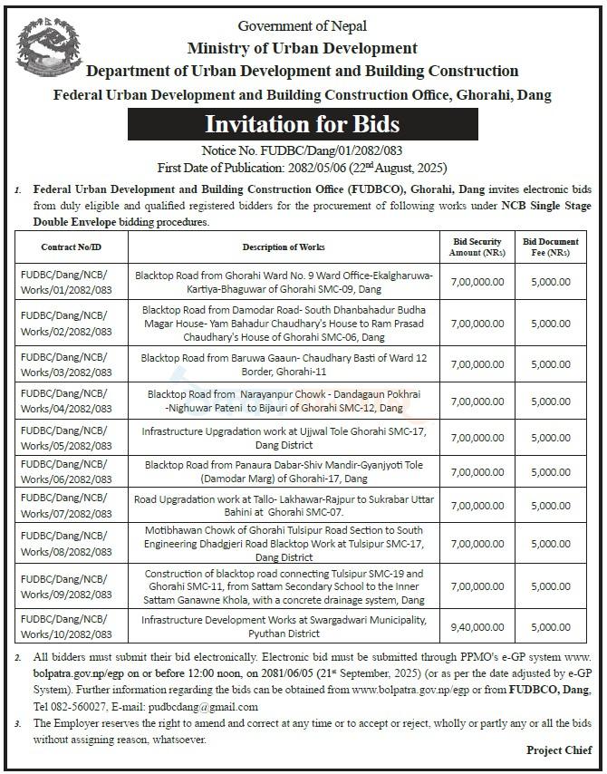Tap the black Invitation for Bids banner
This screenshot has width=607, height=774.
pos(302,122)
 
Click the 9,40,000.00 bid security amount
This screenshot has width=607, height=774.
pos(477,626)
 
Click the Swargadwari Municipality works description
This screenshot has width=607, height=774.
pos(283,626)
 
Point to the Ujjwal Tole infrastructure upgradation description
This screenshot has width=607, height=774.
pos(283,438)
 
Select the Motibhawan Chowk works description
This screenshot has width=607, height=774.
pos(283,543)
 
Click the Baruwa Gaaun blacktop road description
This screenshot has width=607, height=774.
pos(283,364)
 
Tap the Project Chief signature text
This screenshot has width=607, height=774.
pos(558,750)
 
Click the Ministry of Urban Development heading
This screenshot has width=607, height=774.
pos(302,48)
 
